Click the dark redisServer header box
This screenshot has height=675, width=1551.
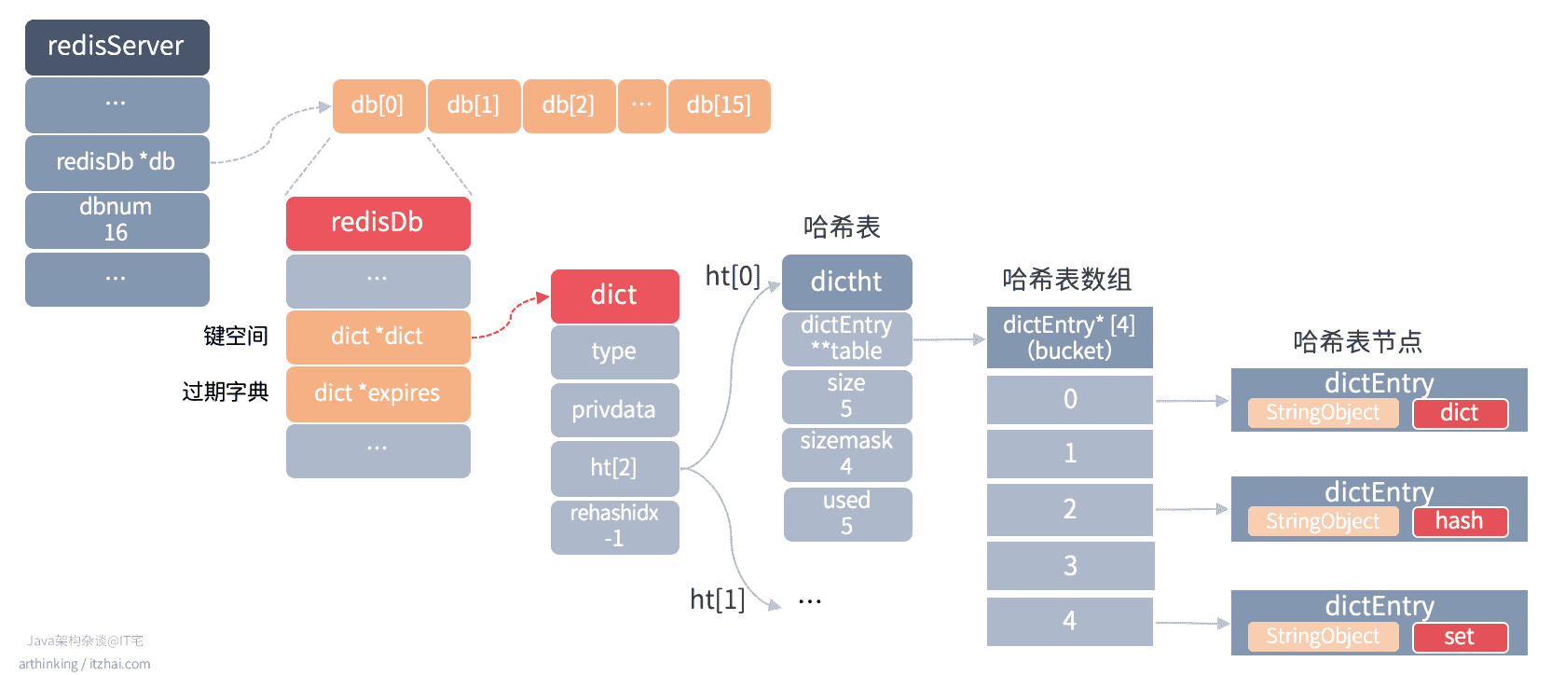coord(117,47)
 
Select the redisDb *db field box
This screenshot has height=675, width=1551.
coord(117,163)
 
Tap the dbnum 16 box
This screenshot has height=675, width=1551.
coord(117,220)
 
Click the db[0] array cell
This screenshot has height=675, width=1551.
coord(378,106)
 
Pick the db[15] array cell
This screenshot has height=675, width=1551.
coord(719,106)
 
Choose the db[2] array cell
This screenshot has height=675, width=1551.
coord(569,106)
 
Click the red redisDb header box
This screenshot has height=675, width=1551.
coord(378,223)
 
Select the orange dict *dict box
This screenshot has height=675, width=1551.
coord(378,337)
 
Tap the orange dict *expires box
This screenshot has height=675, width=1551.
coord(378,394)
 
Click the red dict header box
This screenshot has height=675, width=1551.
coord(615,296)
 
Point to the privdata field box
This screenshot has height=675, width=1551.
coord(615,410)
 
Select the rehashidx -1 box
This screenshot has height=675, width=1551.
coord(615,527)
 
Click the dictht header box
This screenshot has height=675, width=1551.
coord(847,282)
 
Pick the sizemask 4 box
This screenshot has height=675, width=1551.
coord(847,454)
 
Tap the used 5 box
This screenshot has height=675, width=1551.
coord(847,514)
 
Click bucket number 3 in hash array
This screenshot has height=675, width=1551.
coord(1070,566)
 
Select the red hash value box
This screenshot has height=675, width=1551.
coord(1461,521)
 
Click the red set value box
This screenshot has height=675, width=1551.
coord(1461,637)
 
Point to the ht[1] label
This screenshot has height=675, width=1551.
coord(718,599)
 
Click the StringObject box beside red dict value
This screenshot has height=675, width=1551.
coord(1324,413)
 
